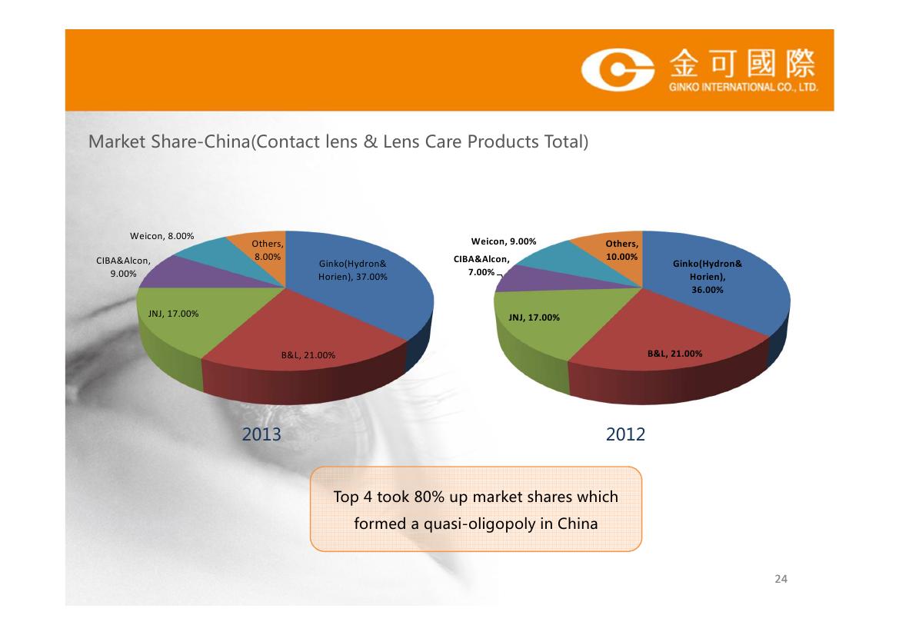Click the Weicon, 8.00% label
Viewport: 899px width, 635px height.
(161, 236)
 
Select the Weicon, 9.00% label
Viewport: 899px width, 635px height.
(504, 242)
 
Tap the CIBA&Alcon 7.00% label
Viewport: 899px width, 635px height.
(481, 266)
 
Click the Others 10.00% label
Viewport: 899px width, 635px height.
(621, 251)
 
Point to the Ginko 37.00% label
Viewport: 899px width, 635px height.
(353, 271)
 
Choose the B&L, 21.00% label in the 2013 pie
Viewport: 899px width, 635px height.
(308, 355)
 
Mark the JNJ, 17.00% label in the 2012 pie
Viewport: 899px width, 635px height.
(534, 317)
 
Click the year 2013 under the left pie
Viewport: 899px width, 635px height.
(261, 434)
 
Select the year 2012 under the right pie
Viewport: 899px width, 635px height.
(625, 434)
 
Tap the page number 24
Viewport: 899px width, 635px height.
(781, 579)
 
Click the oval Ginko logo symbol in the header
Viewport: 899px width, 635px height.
(618, 71)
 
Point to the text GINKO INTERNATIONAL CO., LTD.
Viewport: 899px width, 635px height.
(743, 87)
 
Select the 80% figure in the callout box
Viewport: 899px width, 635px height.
(429, 497)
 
